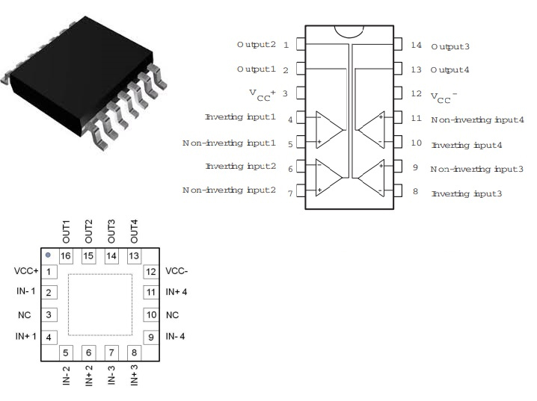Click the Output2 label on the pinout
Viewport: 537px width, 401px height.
coord(257,45)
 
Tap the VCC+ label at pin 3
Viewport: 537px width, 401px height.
coord(263,94)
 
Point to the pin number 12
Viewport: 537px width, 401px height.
coord(417,94)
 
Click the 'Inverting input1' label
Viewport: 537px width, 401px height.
coord(240,117)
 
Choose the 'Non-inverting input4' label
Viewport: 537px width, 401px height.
coord(477,119)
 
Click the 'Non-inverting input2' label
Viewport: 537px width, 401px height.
coord(229,190)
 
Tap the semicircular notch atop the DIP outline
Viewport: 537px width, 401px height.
coord(349,32)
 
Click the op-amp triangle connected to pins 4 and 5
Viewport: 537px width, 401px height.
coord(329,129)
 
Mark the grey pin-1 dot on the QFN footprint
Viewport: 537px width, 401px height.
coord(49,255)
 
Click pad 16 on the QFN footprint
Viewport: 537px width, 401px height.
coord(67,256)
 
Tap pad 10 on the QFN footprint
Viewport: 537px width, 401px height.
coord(150,314)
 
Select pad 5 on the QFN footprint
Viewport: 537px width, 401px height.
coord(67,352)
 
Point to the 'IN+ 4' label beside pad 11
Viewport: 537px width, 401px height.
coord(177,292)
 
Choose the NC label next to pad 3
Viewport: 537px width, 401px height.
coord(25,314)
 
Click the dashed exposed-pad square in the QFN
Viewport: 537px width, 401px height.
coord(100,304)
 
